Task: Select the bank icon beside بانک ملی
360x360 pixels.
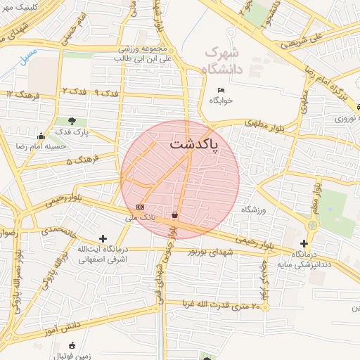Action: (x=141, y=207)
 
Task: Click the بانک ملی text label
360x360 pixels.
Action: (x=139, y=218)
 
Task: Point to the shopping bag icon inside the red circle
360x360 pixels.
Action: (x=174, y=215)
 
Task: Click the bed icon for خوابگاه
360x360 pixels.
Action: (x=221, y=90)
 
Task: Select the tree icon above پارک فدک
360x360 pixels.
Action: (x=72, y=121)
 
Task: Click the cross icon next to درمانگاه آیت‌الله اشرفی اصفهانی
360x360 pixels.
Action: (x=103, y=239)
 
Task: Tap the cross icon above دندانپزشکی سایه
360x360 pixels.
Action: (x=304, y=243)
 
